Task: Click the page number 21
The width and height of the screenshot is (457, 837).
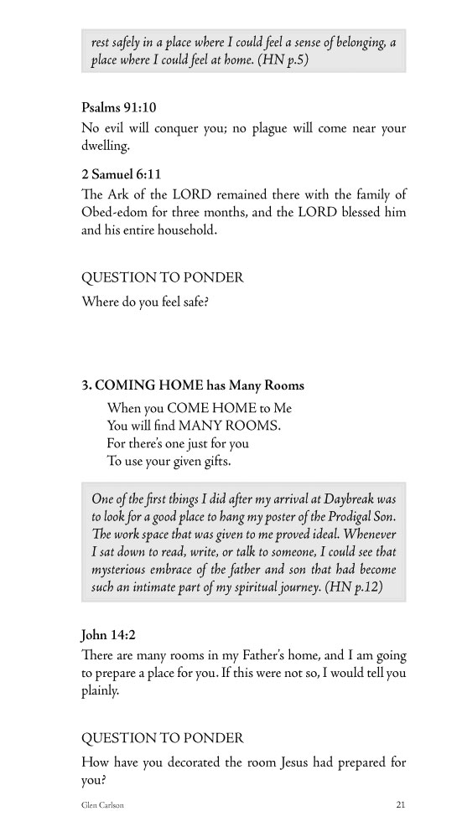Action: [x=401, y=805]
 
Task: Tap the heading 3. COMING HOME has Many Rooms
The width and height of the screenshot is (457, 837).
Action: [x=193, y=386]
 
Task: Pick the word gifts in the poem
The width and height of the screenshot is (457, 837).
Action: [x=213, y=461]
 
